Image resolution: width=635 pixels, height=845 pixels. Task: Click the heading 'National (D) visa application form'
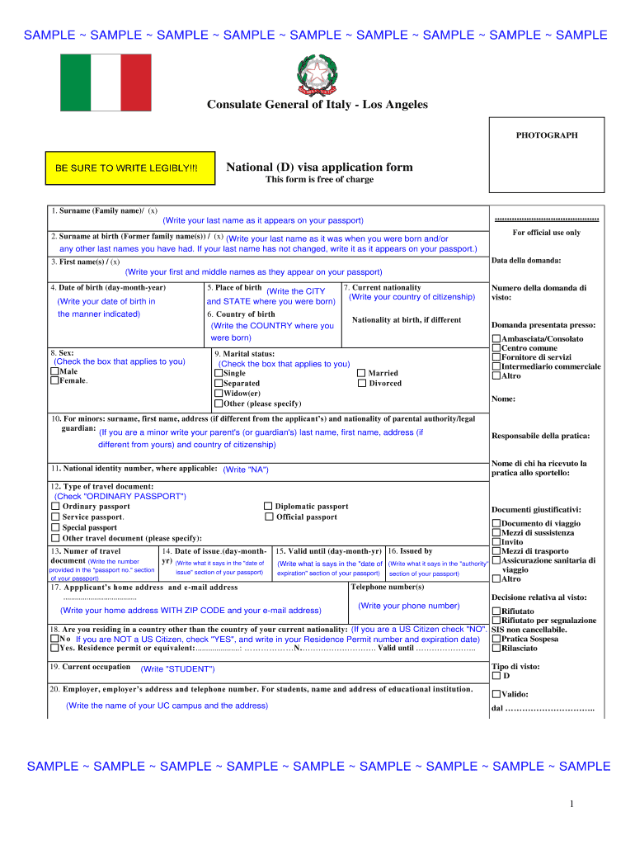[x=319, y=168]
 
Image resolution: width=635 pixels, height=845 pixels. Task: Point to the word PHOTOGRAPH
[x=547, y=135]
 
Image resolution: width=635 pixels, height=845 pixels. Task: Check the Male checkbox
[x=54, y=372]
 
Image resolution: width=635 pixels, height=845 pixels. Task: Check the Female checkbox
[x=54, y=381]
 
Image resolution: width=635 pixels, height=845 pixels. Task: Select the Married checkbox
[x=361, y=373]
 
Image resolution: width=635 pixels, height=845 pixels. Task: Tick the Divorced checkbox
[x=361, y=383]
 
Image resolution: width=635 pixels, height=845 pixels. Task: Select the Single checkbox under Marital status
[x=219, y=373]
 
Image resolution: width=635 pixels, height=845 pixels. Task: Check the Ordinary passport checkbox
[x=55, y=507]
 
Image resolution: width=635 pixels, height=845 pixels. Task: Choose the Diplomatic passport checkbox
[x=268, y=507]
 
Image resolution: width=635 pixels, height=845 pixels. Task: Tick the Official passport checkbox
[x=268, y=517]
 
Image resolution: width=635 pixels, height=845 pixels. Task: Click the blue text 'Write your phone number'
[x=409, y=606]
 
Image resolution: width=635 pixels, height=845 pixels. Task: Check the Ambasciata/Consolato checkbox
[x=496, y=339]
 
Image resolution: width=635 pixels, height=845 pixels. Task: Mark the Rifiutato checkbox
[x=496, y=611]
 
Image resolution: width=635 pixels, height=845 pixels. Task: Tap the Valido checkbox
[x=496, y=694]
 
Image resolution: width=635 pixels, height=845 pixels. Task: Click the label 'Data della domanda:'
[x=525, y=261]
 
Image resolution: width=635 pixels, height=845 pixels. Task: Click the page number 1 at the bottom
[x=571, y=805]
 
